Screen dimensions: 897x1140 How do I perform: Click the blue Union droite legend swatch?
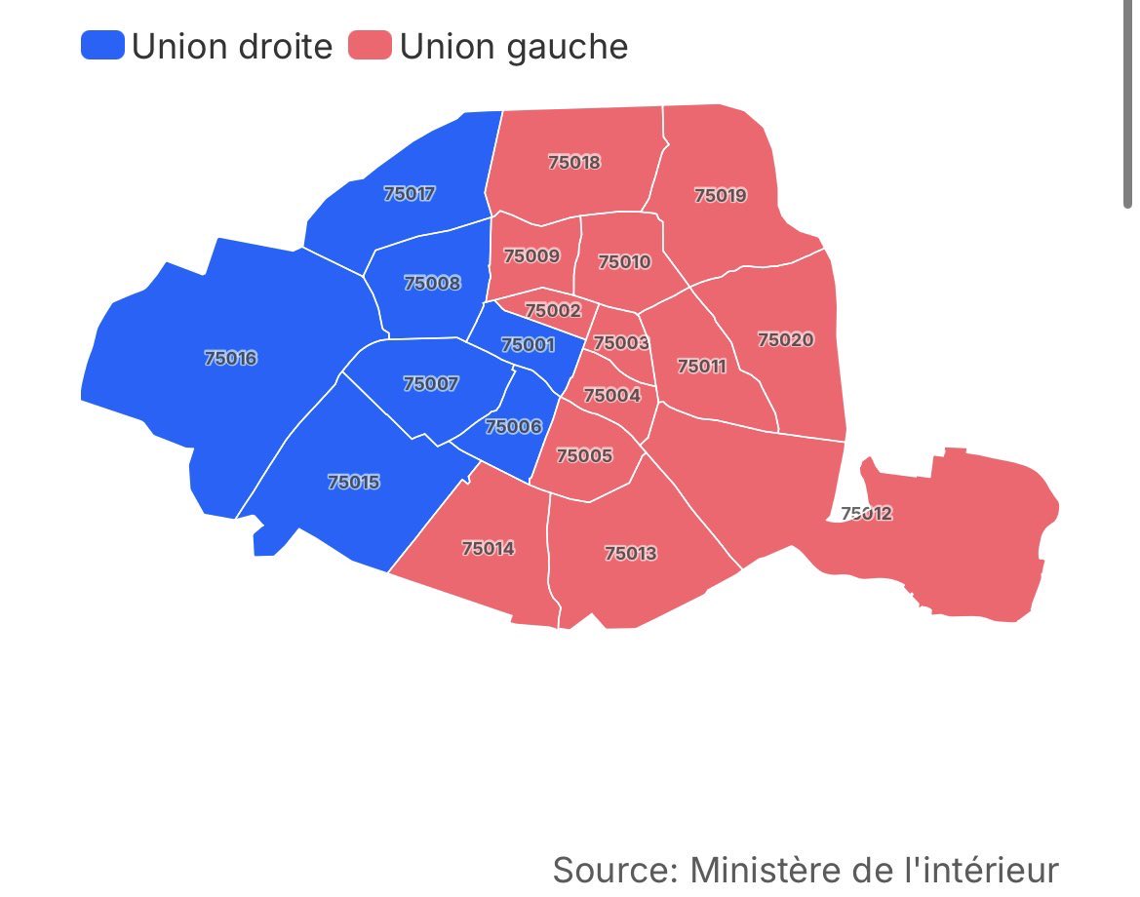(102, 45)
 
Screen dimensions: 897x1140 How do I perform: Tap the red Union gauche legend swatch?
(371, 45)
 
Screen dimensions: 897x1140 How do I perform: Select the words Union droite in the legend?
(232, 46)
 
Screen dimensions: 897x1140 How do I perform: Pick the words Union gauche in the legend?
(514, 46)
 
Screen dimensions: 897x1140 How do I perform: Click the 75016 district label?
(231, 358)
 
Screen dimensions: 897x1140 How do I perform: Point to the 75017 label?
(410, 193)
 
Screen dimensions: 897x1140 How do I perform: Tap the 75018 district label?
(574, 162)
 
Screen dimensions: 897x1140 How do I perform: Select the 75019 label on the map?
(721, 195)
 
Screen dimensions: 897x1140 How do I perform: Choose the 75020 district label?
(786, 339)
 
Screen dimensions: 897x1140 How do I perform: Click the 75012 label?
(867, 513)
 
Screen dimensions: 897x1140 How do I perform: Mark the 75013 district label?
(631, 553)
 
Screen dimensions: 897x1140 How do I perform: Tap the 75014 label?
(488, 548)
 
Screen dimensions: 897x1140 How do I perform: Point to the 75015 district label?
(354, 482)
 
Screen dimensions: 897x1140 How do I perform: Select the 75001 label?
(528, 344)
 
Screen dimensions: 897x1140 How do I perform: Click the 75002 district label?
(553, 310)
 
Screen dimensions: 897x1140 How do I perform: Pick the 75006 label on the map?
(513, 426)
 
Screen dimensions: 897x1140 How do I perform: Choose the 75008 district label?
(432, 283)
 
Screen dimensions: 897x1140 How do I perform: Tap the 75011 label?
(702, 366)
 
